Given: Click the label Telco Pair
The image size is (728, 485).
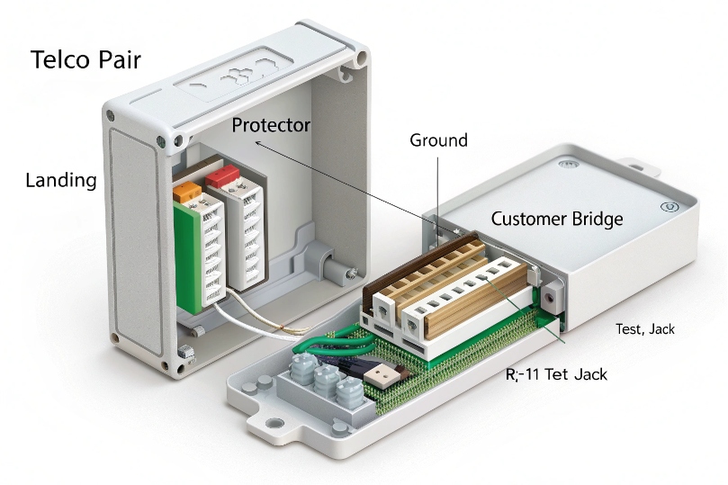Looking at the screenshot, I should [x=86, y=60].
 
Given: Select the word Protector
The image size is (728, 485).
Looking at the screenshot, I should [x=271, y=125].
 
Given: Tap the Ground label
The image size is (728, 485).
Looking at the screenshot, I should [x=438, y=140].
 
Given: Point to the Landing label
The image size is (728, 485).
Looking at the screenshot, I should [x=60, y=180].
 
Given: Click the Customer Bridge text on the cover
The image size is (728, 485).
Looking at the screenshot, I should [x=556, y=219].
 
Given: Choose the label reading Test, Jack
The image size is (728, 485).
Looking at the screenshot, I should [x=644, y=329].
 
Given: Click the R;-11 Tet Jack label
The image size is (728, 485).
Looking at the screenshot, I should [x=555, y=373].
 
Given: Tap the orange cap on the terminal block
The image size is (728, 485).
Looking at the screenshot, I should [x=186, y=190].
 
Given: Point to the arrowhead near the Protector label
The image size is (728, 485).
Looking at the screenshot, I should [x=256, y=141].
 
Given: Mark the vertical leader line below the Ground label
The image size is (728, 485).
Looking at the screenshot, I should [x=437, y=184].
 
